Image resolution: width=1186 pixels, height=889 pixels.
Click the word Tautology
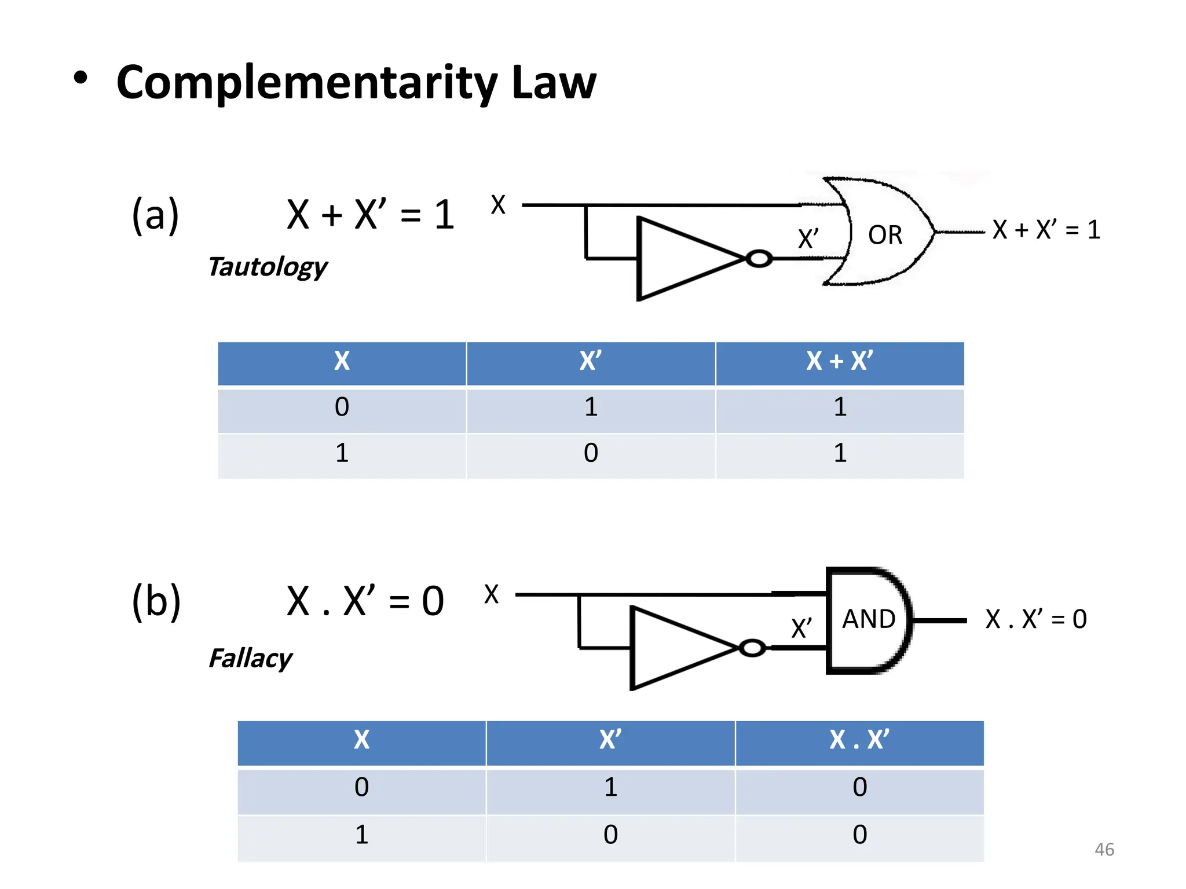tap(268, 267)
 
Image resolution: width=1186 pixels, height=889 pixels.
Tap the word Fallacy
tap(250, 658)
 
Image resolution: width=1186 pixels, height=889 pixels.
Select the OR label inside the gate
tap(885, 235)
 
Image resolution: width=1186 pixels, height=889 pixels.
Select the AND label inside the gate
tap(868, 619)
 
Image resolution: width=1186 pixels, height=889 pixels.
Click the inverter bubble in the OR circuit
tap(759, 259)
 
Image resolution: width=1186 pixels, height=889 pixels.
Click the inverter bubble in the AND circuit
tap(752, 648)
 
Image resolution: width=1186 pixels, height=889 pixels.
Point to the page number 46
tap(1104, 850)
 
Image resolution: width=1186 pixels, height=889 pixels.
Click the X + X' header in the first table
tap(839, 362)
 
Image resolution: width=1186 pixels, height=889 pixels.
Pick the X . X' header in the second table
tap(859, 740)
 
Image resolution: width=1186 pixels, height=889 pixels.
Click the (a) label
tap(155, 215)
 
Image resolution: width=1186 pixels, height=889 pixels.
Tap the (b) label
tap(156, 601)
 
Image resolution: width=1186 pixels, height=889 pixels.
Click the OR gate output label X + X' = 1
tap(1046, 230)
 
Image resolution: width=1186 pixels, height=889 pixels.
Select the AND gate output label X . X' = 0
tap(1035, 619)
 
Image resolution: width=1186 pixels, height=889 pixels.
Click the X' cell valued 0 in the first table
tap(591, 453)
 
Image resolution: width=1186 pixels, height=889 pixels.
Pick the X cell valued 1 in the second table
tap(361, 835)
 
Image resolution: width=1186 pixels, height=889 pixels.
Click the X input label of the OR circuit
tap(498, 205)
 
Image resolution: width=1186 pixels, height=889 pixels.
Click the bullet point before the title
tap(80, 79)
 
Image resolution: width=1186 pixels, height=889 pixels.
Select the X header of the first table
tap(342, 362)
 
